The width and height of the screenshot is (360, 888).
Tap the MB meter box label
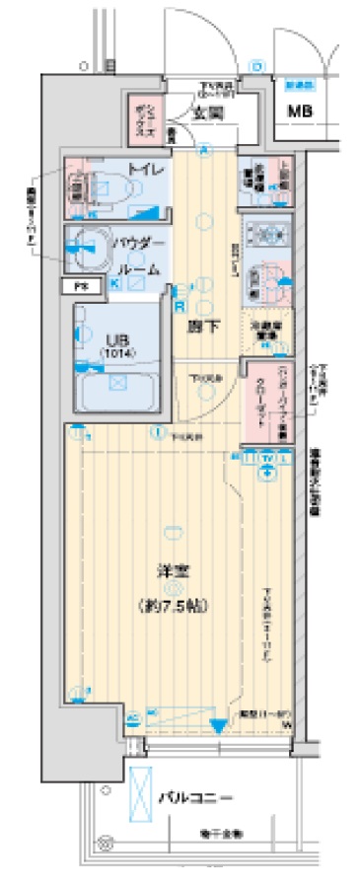pos(299,110)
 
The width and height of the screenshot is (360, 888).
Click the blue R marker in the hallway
pos(180,305)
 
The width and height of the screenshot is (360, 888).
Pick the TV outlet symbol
pos(269,459)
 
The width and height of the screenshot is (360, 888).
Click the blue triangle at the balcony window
pos(218,726)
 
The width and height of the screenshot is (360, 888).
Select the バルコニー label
pos(197,796)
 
